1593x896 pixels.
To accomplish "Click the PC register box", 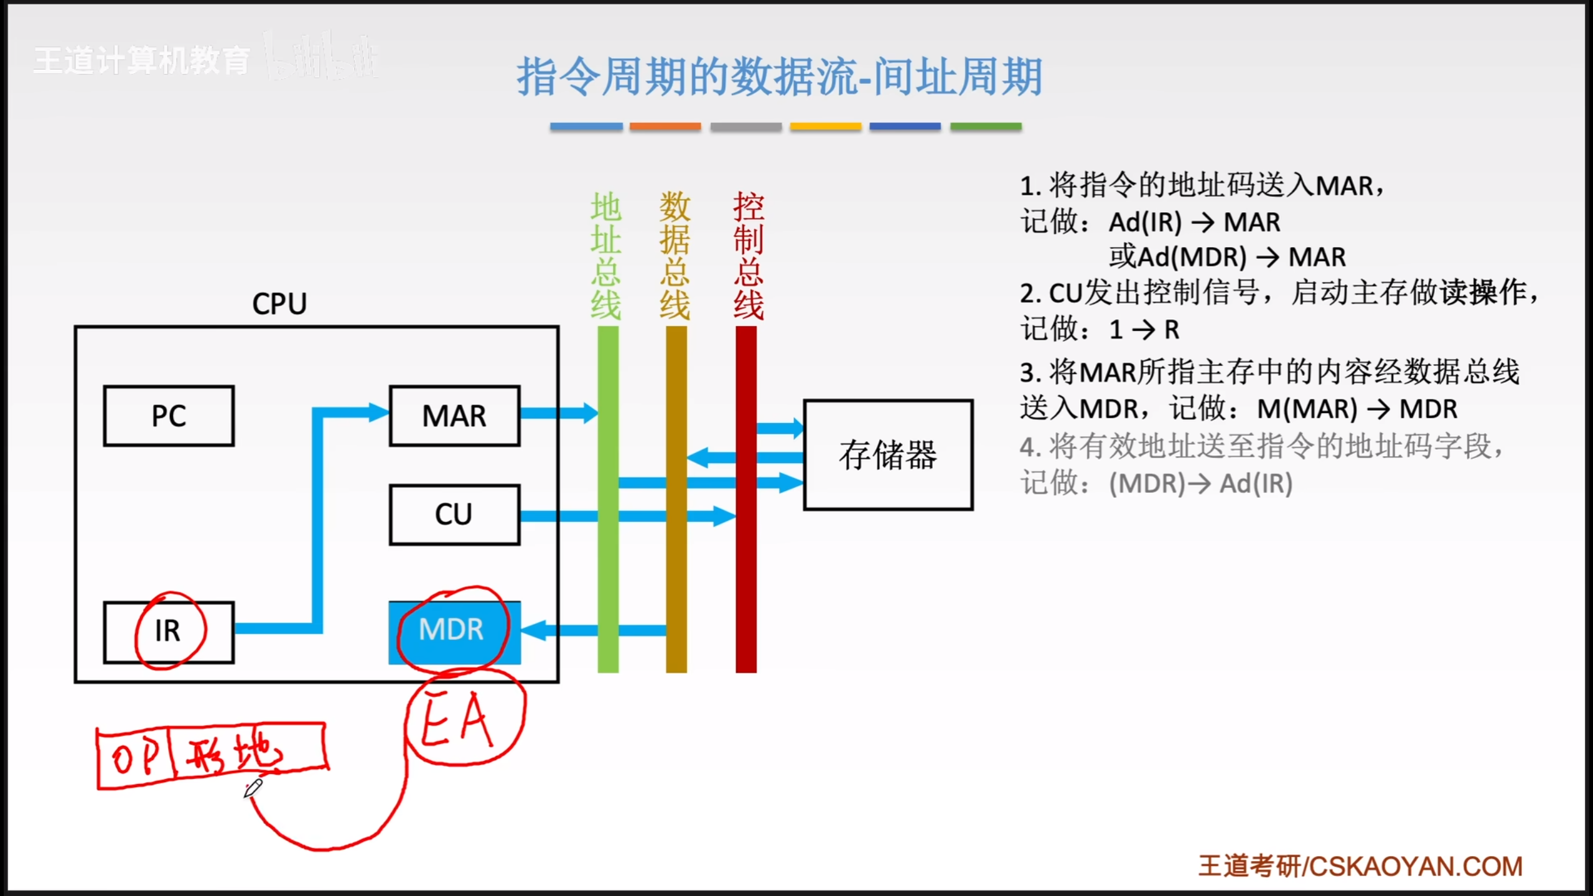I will pos(169,416).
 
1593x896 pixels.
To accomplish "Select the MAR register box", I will pos(454,416).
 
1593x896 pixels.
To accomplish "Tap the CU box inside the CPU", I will pos(454,515).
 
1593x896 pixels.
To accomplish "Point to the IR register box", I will pos(169,632).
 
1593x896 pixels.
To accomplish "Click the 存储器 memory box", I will pos(888,455).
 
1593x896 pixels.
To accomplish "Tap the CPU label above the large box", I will pos(279,304).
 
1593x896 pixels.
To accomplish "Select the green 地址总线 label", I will pos(606,256).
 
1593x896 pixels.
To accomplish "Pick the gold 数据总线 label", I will pos(675,256).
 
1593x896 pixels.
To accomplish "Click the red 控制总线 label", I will pos(748,256).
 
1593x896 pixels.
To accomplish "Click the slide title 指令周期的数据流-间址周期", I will pos(779,77).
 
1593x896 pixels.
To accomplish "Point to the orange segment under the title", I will pos(665,127).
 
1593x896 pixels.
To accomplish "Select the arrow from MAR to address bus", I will pos(558,413).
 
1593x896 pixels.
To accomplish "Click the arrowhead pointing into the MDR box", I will pos(534,630).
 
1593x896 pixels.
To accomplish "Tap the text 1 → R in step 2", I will pos(1144,330).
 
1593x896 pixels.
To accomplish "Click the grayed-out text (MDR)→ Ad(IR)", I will pos(1200,483).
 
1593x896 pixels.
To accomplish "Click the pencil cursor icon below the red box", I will pos(253,788).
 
